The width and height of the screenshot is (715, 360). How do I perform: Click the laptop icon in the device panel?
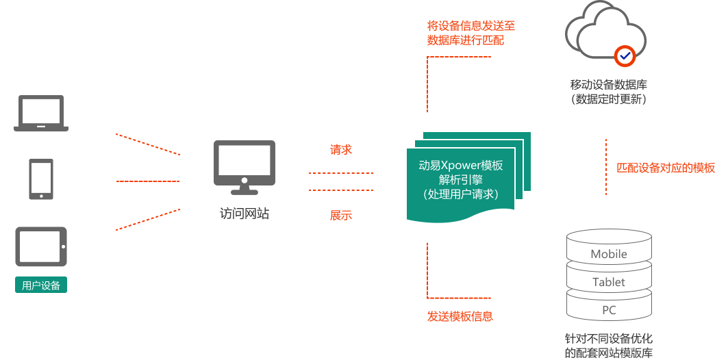pyautogui.click(x=41, y=113)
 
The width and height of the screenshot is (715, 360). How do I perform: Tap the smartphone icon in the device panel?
pyautogui.click(x=41, y=179)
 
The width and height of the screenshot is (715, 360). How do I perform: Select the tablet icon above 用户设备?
pyautogui.click(x=41, y=246)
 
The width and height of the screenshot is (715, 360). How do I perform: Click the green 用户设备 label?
pyautogui.click(x=41, y=285)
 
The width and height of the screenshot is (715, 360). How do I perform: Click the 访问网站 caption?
pyautogui.click(x=244, y=214)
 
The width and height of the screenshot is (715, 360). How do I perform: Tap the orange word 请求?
pyautogui.click(x=341, y=149)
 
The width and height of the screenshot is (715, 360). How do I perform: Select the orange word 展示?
pyautogui.click(x=341, y=216)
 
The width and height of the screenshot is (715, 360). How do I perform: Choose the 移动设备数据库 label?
pyautogui.click(x=609, y=86)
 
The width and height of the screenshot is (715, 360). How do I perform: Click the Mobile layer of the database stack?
pyautogui.click(x=609, y=254)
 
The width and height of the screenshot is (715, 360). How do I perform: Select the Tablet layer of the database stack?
pyautogui.click(x=609, y=282)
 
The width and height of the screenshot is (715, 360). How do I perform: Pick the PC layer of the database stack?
pyautogui.click(x=609, y=310)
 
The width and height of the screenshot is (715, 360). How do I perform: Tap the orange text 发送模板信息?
pyautogui.click(x=460, y=316)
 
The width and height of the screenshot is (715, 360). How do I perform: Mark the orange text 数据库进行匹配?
pyautogui.click(x=465, y=40)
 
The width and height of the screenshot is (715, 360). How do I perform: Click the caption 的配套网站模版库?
pyautogui.click(x=609, y=353)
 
